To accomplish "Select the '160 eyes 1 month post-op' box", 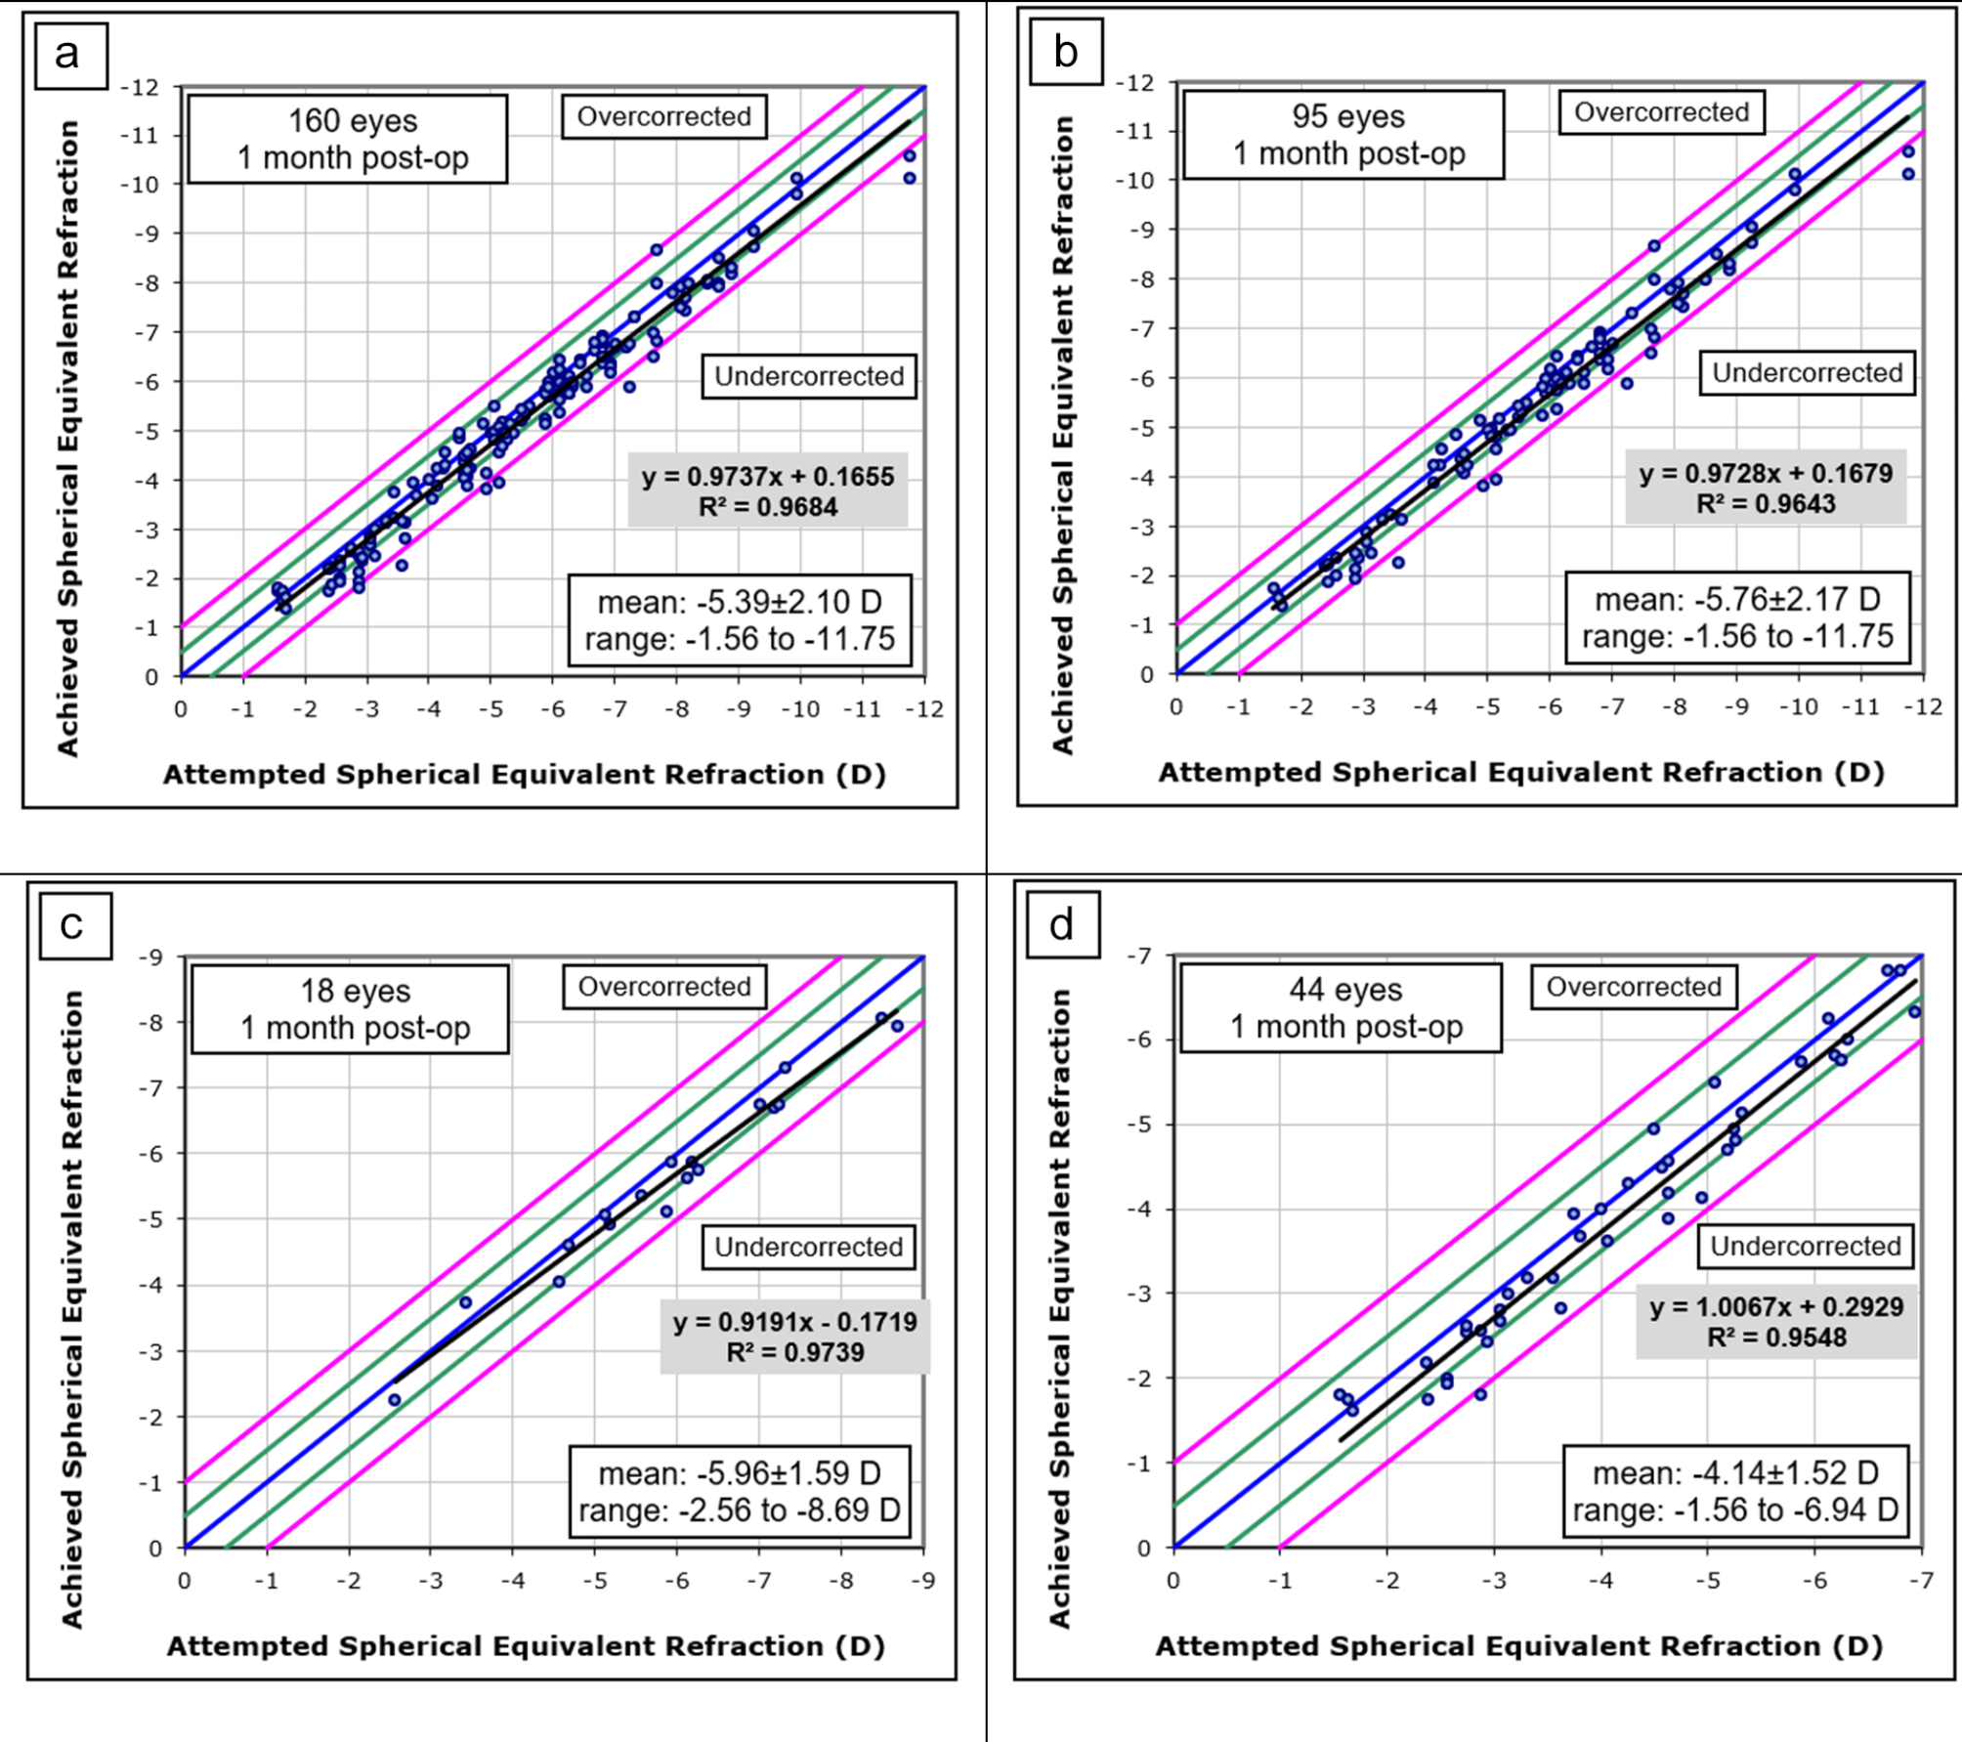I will click(348, 139).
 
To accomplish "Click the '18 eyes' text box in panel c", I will click(350, 1008).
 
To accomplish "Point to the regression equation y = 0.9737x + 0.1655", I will click(767, 477).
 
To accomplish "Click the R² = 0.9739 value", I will click(794, 1352).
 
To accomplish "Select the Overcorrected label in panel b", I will click(1661, 112).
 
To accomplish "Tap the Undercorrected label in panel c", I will click(808, 1247).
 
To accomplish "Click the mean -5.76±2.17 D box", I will click(1736, 599).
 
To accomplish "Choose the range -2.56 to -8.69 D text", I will click(739, 1510).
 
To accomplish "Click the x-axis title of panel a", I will click(524, 775).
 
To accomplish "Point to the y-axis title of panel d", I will click(1060, 1307).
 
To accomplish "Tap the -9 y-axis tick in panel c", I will click(149, 957).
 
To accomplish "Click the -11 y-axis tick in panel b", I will click(1135, 132).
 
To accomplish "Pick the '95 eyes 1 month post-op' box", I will click(1344, 135).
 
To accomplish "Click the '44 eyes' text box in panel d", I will click(1341, 1007).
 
